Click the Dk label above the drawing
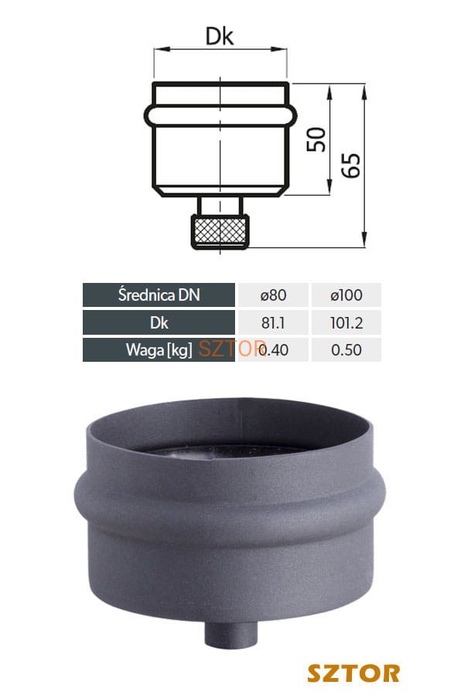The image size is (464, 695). click(x=220, y=36)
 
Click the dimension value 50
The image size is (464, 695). click(x=316, y=140)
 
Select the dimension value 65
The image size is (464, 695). click(x=351, y=165)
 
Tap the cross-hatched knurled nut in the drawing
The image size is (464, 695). click(x=220, y=231)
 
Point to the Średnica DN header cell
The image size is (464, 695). click(x=159, y=295)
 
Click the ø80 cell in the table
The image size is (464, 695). click(x=273, y=295)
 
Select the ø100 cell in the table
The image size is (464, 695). click(x=346, y=295)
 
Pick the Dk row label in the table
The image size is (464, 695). click(x=159, y=322)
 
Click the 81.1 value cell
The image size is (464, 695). click(x=273, y=322)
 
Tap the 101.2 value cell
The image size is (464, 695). click(x=346, y=322)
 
